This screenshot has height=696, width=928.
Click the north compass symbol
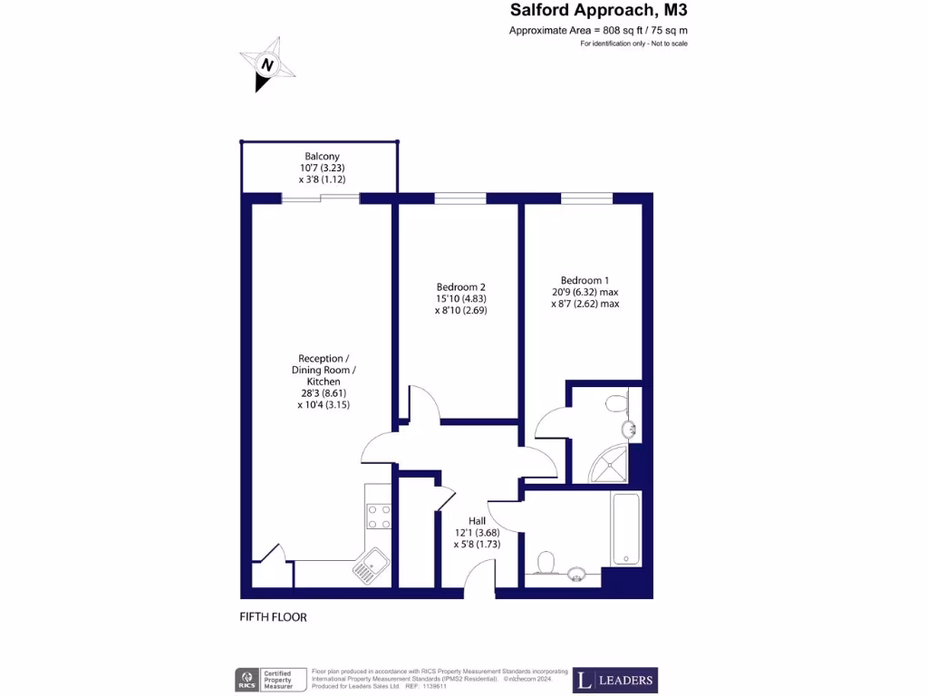[266, 65]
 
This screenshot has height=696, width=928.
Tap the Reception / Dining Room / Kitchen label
[324, 382]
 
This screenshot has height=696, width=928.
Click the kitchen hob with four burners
[379, 517]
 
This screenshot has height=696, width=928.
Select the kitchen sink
[372, 567]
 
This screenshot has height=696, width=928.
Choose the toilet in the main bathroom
[546, 563]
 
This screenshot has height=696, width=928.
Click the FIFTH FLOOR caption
[273, 617]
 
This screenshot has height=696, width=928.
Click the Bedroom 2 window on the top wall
[459, 198]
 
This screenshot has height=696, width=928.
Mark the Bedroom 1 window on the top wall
[586, 198]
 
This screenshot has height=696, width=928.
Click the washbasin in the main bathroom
[576, 572]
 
